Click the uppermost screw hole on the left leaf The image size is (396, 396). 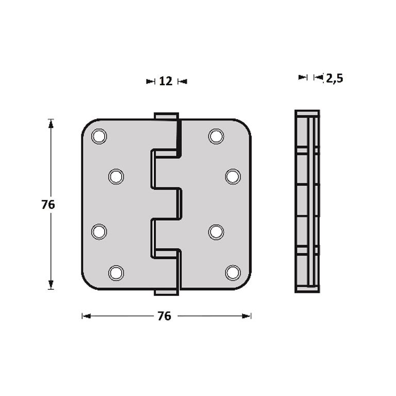[x=98, y=136]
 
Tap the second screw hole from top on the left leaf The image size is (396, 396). [x=116, y=177]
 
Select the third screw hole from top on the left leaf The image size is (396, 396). [x=99, y=232]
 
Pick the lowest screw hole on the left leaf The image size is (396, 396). [x=116, y=272]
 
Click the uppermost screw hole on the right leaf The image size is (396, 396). [x=216, y=136]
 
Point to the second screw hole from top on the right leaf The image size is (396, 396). [x=233, y=176]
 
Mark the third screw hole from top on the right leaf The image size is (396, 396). [x=216, y=232]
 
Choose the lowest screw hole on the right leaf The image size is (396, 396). [x=233, y=272]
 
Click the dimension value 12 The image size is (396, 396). [x=166, y=81]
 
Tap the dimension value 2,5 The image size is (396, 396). [x=334, y=78]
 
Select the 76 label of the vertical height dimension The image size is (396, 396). [x=48, y=205]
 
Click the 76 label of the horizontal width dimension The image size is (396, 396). [x=164, y=316]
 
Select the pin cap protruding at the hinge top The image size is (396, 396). [x=166, y=116]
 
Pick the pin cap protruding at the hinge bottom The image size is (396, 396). [x=166, y=292]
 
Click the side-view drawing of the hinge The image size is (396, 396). [x=307, y=201]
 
